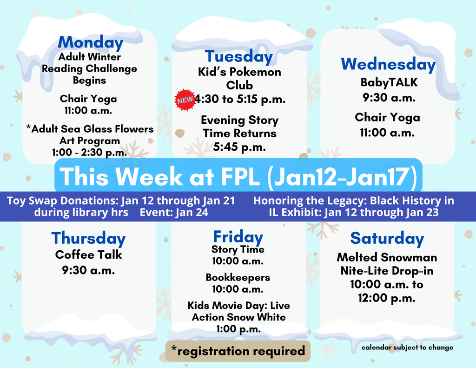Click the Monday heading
tap(90, 42)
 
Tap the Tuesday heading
tap(239, 57)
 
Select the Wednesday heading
tap(388, 64)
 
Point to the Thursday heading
tap(88, 238)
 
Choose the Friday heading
tap(238, 236)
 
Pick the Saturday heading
tap(387, 238)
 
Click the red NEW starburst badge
tap(185, 100)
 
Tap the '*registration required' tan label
tap(238, 351)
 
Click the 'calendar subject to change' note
tap(407, 347)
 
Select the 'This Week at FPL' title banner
tap(238, 176)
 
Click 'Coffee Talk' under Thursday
tap(88, 254)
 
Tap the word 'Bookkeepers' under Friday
tap(238, 277)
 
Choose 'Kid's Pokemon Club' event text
tap(239, 79)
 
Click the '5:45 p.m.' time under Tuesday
tap(239, 147)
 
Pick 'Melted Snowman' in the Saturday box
tap(387, 257)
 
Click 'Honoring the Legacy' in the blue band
tap(302, 201)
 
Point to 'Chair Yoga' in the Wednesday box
tap(387, 117)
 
